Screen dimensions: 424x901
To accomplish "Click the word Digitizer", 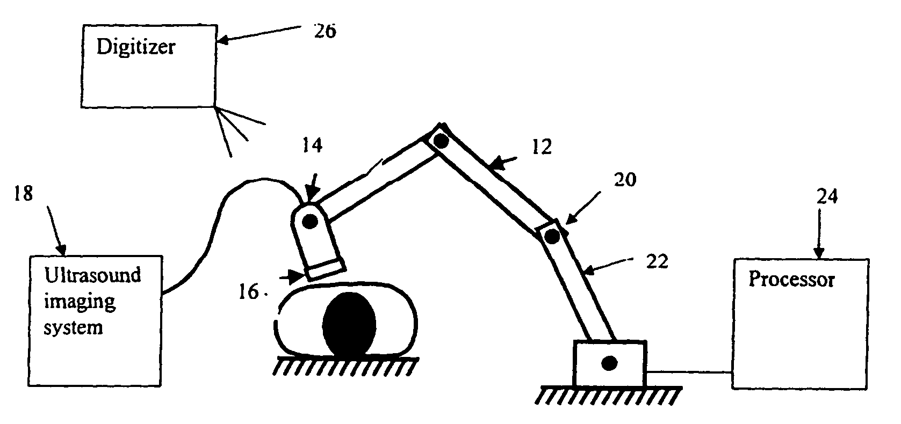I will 135,47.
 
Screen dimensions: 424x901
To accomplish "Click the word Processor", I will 791,280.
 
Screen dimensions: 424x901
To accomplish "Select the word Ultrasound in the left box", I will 92,276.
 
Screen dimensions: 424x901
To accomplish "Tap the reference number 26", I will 325,31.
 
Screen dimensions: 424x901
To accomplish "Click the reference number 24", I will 827,198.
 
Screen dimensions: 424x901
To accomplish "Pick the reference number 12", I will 542,147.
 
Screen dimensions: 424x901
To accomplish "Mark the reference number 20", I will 625,179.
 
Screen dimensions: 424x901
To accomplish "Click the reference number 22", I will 657,262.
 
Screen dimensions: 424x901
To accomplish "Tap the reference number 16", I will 249,293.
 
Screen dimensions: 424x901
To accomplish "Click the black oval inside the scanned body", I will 349,325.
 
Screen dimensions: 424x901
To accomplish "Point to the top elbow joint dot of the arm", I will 441,141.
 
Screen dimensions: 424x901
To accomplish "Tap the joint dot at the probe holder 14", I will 309,221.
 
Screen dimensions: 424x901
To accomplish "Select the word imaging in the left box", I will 80,302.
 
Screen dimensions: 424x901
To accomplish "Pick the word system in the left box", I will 73,327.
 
